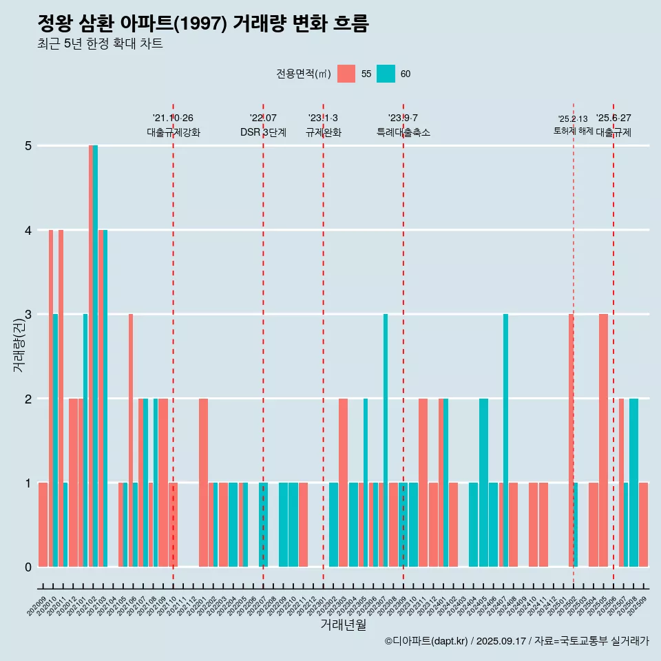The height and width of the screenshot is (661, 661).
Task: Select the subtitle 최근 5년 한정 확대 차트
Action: [100, 44]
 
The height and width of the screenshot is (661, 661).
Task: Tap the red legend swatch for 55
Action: [346, 74]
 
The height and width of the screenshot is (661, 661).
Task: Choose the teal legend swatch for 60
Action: [386, 74]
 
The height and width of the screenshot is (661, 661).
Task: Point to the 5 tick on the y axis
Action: [28, 146]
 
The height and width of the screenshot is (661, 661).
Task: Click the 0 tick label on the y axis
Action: [28, 567]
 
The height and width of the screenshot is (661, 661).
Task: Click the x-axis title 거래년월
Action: [343, 625]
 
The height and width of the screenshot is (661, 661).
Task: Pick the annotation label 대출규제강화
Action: [174, 133]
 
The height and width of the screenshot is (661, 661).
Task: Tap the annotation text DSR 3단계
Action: [263, 133]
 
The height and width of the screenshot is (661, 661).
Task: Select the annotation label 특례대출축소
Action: [403, 133]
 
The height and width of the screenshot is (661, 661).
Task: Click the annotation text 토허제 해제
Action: [573, 131]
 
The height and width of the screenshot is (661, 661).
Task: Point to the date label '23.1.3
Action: [323, 118]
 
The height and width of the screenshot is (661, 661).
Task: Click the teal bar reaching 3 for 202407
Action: [505, 441]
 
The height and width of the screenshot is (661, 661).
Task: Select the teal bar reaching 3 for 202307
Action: [386, 441]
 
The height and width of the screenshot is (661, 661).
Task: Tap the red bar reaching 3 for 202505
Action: [603, 441]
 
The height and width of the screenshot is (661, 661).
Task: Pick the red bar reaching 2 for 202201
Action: [203, 482]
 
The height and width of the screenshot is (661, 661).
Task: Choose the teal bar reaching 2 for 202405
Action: [483, 482]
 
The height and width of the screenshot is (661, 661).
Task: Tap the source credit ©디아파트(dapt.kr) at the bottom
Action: [427, 641]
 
